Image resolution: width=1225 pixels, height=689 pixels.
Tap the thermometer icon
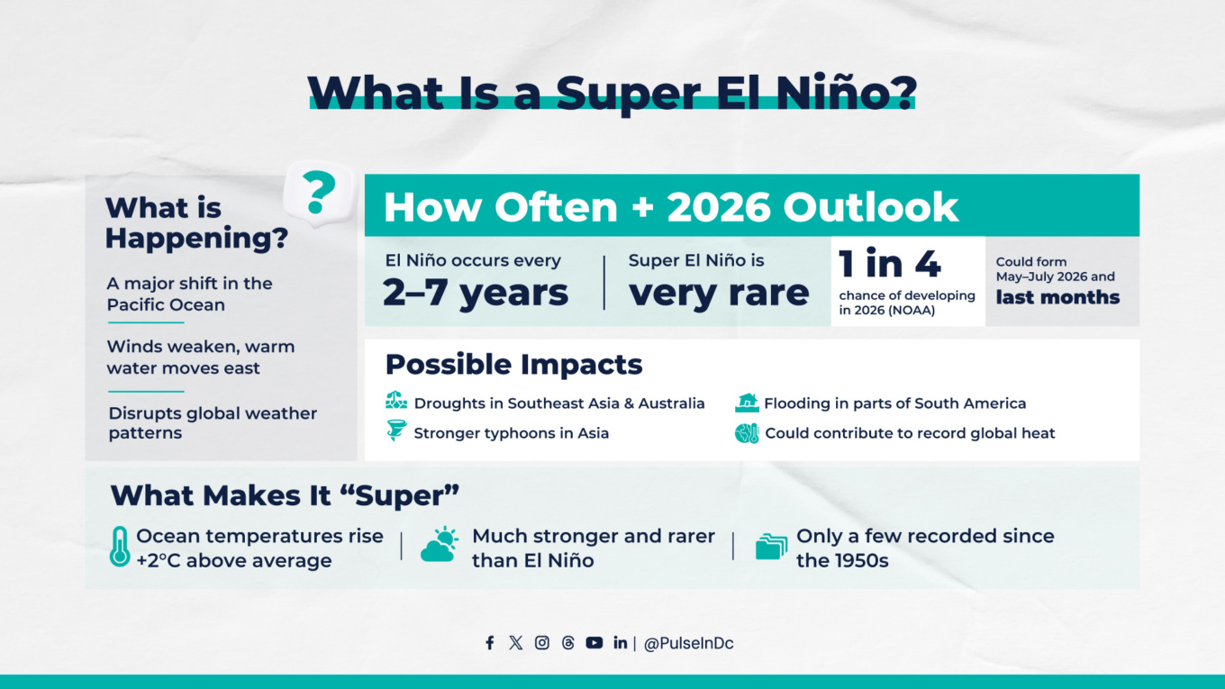tap(119, 547)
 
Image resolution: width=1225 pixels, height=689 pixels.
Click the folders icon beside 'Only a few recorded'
tap(771, 546)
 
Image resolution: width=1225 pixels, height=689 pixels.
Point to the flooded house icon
tap(747, 403)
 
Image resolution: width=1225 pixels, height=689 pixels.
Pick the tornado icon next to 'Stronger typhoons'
tap(395, 431)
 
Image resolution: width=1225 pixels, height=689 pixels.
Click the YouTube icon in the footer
tap(594, 643)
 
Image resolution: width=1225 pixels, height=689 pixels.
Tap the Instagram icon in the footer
tap(541, 643)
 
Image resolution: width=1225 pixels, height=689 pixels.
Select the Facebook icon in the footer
tap(489, 643)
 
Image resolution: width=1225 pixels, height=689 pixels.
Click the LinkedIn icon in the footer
tap(620, 643)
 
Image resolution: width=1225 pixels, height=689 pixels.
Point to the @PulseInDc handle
tap(688, 644)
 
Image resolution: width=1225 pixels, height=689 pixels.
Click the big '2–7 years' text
tap(476, 294)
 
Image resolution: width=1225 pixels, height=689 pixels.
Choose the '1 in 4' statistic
tap(889, 264)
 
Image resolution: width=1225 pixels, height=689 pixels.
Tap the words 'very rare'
tap(719, 294)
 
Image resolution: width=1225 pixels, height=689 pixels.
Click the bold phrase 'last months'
tap(1057, 297)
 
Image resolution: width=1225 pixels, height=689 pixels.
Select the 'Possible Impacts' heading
tap(513, 365)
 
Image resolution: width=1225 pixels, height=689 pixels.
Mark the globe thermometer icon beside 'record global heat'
tap(747, 433)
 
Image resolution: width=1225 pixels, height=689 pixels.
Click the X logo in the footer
tap(515, 643)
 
